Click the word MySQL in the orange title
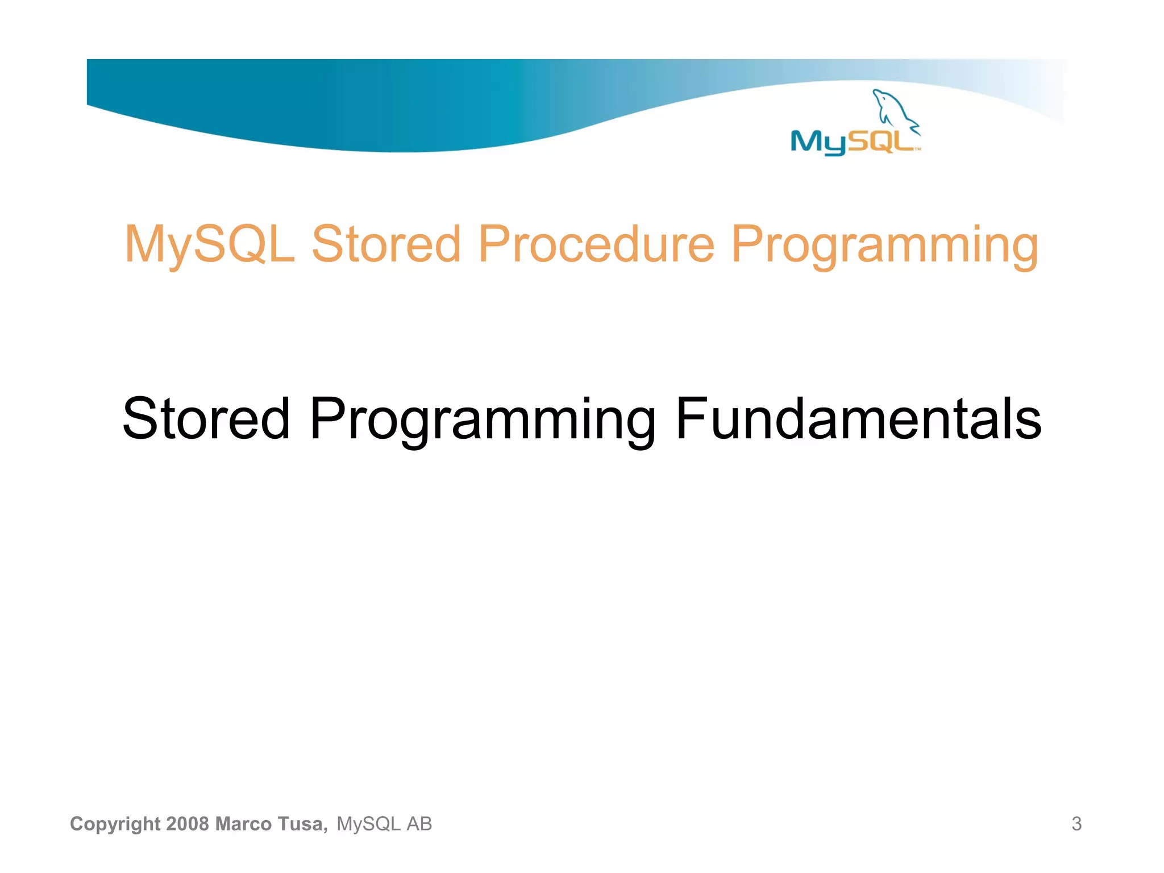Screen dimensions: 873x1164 (x=209, y=244)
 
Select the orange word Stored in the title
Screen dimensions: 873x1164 (x=386, y=244)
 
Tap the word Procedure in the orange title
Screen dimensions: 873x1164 (x=596, y=244)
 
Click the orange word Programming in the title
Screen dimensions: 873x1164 (x=884, y=246)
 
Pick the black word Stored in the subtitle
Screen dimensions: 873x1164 (x=206, y=419)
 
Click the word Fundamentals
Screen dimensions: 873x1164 (x=858, y=419)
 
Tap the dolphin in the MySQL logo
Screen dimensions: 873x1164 (x=893, y=110)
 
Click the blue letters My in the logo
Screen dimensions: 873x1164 (x=818, y=142)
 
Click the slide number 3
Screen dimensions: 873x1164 (x=1076, y=824)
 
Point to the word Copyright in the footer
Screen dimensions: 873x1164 (x=115, y=824)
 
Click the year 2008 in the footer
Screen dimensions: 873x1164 (x=188, y=824)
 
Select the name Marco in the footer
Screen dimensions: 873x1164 (x=244, y=824)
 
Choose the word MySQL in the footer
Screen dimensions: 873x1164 (x=368, y=824)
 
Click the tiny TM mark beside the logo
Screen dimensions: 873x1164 (x=918, y=150)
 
